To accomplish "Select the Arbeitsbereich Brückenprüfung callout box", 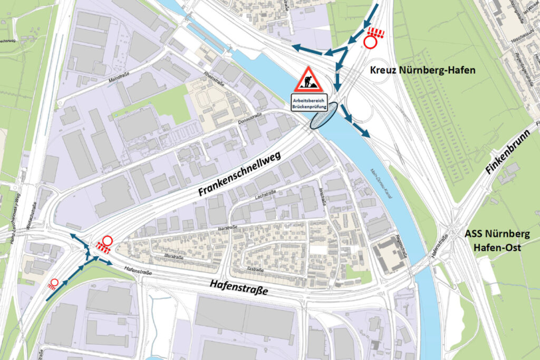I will point(309,102).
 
